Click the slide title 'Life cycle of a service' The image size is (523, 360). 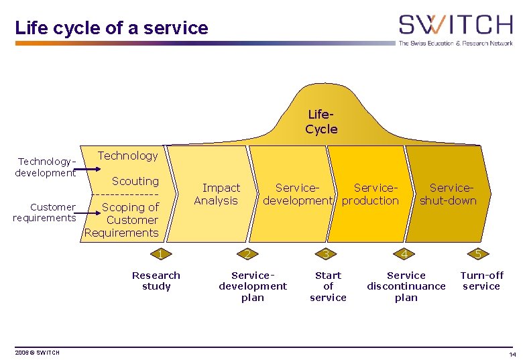click(x=111, y=28)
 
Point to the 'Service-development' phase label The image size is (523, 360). click(x=297, y=194)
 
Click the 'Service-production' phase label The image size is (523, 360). click(x=371, y=194)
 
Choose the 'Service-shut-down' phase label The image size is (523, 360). click(x=448, y=194)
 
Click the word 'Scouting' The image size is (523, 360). click(x=135, y=181)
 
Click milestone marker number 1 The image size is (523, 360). click(x=160, y=253)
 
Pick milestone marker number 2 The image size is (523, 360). click(x=247, y=253)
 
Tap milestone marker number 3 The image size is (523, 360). click(x=325, y=253)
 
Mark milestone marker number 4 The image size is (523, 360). click(x=404, y=253)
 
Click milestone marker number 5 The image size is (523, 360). click(x=477, y=253)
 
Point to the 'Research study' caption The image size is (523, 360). click(x=156, y=280)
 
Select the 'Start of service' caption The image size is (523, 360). click(x=328, y=286)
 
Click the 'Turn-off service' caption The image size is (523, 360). click(x=481, y=280)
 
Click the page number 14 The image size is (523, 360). click(x=512, y=354)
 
